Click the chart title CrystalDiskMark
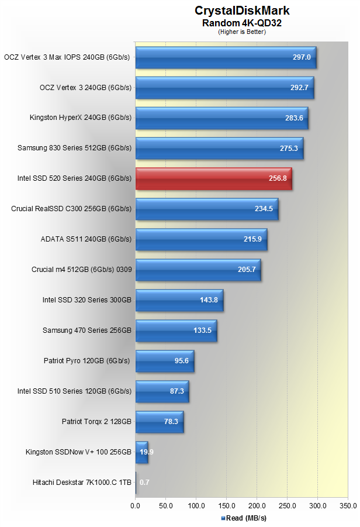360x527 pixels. click(242, 11)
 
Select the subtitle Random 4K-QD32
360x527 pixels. click(241, 23)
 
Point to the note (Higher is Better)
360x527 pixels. click(241, 32)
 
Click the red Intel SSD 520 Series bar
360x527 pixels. click(213, 179)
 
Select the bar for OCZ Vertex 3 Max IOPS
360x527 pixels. click(226, 57)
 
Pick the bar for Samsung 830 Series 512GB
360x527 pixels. click(219, 149)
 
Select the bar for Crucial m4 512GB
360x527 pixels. click(198, 270)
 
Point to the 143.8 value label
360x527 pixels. click(209, 300)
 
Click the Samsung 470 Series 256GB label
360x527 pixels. click(87, 330)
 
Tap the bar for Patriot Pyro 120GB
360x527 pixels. click(164, 361)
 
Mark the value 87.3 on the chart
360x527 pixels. click(177, 391)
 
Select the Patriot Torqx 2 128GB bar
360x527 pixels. click(159, 422)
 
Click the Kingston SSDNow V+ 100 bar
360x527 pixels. click(141, 452)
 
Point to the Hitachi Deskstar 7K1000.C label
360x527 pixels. click(82, 483)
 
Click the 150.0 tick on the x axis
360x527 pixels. click(226, 505)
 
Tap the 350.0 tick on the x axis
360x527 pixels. click(348, 505)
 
